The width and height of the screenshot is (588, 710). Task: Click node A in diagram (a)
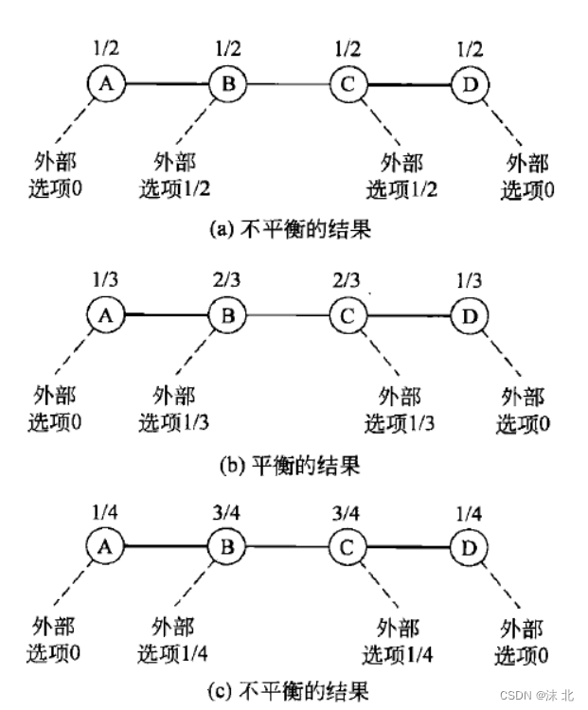coord(106,84)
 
